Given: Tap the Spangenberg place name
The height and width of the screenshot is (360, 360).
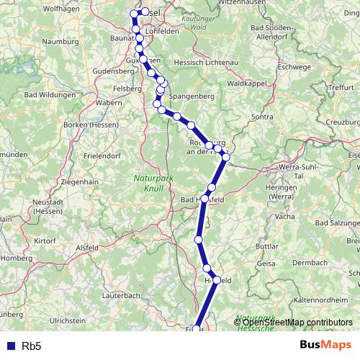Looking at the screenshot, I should (x=192, y=94).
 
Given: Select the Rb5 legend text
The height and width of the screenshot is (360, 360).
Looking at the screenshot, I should (x=31, y=346).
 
